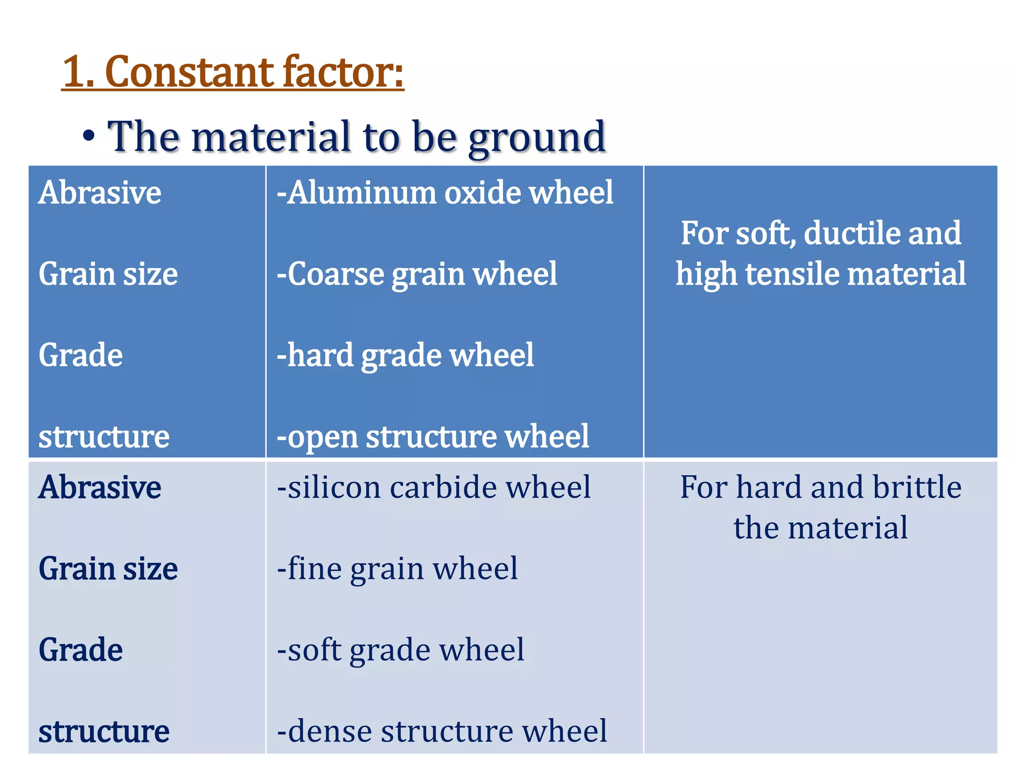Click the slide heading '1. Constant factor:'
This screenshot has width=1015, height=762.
coord(233,72)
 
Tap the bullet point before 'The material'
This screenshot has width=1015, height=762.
coord(89,137)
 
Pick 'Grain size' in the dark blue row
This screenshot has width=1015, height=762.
coord(108,274)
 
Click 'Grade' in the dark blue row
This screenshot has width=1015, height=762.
coord(81,355)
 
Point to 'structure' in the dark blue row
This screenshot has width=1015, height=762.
coord(104,437)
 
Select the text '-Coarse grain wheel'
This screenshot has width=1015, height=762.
coord(417,274)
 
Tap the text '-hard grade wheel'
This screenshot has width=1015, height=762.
coord(405,355)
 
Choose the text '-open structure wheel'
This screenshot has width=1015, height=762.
coord(433,437)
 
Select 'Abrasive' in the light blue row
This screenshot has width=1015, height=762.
coord(100,487)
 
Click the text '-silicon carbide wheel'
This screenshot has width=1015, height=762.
coord(434,487)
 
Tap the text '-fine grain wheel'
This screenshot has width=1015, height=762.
coord(397,569)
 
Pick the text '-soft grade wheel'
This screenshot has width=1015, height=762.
coord(400,650)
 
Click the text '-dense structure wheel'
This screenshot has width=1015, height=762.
coord(442,731)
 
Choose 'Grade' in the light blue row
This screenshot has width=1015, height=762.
coord(81,650)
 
